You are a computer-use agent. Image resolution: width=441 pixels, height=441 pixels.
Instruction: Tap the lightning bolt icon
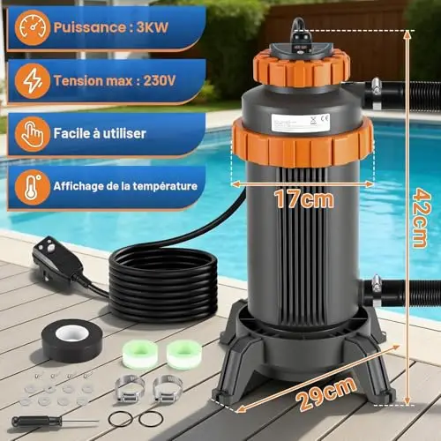(32, 81)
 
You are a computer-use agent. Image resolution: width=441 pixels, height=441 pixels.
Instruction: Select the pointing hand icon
(32, 134)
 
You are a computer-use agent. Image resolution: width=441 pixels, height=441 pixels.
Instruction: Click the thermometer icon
(32, 187)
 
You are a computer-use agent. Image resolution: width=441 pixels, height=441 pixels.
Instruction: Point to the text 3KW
(153, 27)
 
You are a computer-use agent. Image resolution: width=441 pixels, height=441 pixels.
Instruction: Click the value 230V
(160, 80)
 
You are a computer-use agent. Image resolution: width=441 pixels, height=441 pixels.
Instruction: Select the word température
(165, 186)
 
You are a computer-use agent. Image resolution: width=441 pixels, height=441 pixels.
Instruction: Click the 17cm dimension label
(304, 199)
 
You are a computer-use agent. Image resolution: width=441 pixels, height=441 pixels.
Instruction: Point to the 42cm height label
(421, 218)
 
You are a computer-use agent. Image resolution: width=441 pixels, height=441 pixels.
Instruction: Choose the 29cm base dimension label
(325, 392)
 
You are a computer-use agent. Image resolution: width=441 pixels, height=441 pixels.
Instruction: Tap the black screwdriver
(55, 422)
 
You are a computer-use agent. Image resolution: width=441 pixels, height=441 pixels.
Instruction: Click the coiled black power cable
(162, 283)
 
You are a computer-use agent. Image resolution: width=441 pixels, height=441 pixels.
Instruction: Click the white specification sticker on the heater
(300, 123)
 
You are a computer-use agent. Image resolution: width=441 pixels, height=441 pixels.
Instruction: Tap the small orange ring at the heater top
(301, 69)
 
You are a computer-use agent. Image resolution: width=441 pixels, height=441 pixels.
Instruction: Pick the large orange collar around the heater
(303, 142)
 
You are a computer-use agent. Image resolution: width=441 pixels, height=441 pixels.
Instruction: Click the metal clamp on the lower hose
(376, 290)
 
